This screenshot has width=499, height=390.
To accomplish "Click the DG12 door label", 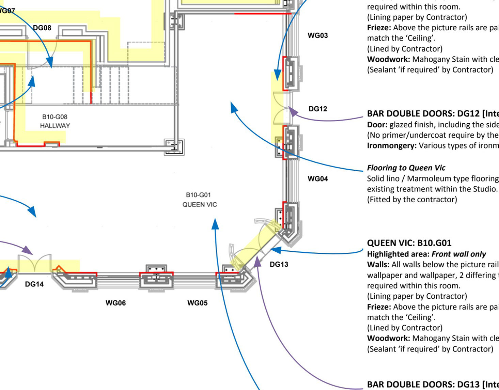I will click(318, 109).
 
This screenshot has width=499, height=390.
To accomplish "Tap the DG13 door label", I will click(279, 264).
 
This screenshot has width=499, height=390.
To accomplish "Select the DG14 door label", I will click(34, 284).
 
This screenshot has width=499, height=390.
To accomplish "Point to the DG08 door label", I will click(42, 28).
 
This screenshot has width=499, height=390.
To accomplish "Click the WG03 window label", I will click(318, 35).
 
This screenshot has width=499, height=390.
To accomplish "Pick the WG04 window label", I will click(318, 179).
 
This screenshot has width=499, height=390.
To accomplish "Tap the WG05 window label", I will click(197, 303).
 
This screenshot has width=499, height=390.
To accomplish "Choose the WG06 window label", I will click(115, 303).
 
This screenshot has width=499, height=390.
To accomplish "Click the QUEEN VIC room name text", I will click(200, 205).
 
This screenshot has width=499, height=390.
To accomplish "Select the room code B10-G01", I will click(198, 195).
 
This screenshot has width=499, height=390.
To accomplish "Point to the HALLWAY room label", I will click(55, 126).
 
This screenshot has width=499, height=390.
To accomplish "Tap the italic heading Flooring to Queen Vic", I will click(406, 168).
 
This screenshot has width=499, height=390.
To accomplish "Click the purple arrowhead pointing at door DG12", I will click(292, 111).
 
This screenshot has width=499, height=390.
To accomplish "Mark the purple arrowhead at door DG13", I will click(258, 261).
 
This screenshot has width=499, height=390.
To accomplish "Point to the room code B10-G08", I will click(55, 117).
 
